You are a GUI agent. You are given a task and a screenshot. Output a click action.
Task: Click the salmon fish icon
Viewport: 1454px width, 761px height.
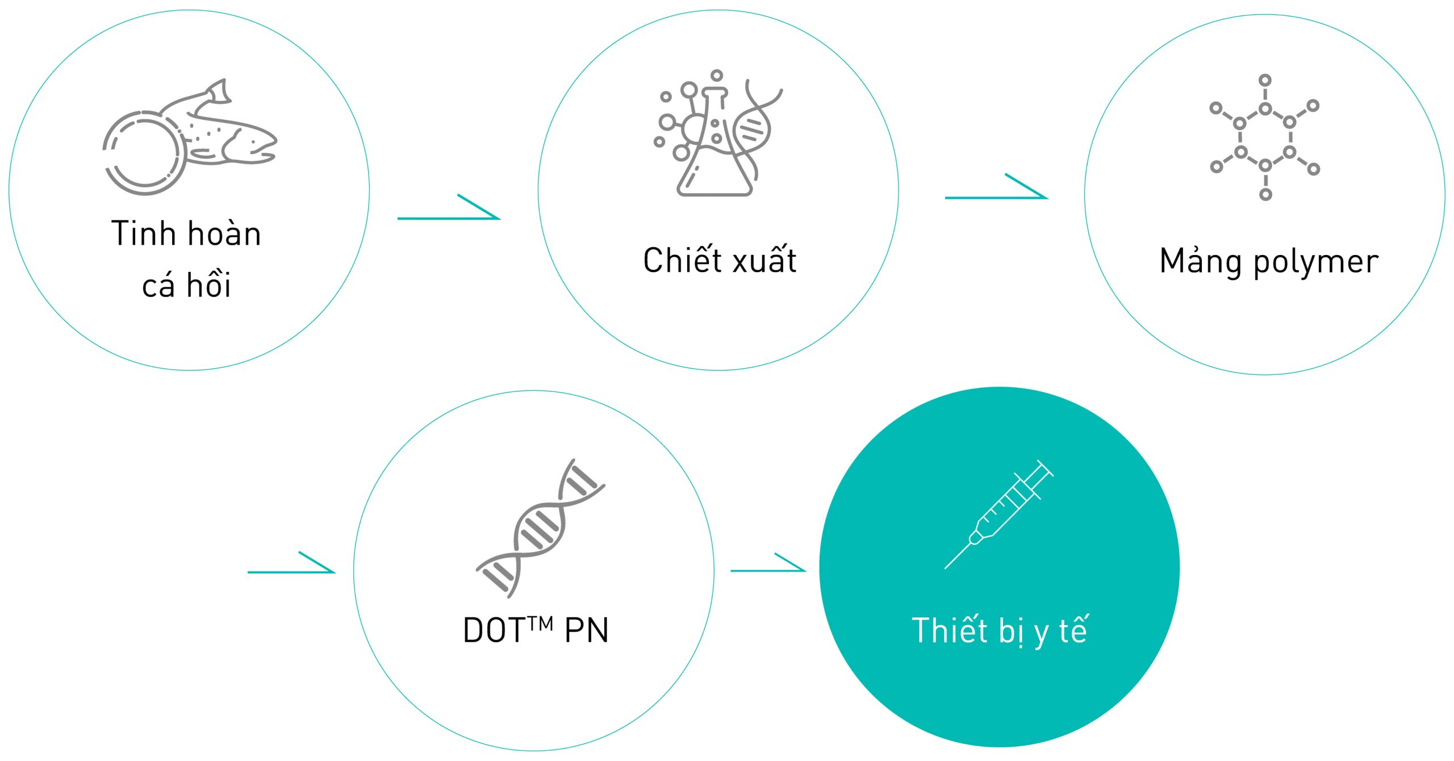(x=190, y=137)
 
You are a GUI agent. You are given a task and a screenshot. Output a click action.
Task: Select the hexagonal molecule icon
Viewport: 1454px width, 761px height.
(x=1265, y=137)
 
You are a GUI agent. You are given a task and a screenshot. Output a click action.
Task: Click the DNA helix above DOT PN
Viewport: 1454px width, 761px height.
(x=540, y=528)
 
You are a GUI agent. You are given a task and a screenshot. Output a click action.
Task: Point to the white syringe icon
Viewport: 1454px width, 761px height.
(x=998, y=515)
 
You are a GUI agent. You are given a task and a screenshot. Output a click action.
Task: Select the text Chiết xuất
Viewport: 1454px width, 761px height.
(x=720, y=260)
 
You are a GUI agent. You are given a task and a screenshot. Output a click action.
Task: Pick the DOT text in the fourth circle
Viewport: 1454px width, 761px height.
(x=493, y=630)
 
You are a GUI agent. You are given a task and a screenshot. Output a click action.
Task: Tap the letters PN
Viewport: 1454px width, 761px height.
(x=587, y=630)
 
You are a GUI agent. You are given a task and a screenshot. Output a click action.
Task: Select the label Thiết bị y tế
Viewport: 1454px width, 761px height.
(x=999, y=630)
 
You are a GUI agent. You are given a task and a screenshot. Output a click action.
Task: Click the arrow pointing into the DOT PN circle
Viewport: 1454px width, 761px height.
(x=291, y=562)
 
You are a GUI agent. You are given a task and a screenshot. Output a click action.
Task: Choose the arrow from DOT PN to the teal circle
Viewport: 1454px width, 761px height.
(x=768, y=562)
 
